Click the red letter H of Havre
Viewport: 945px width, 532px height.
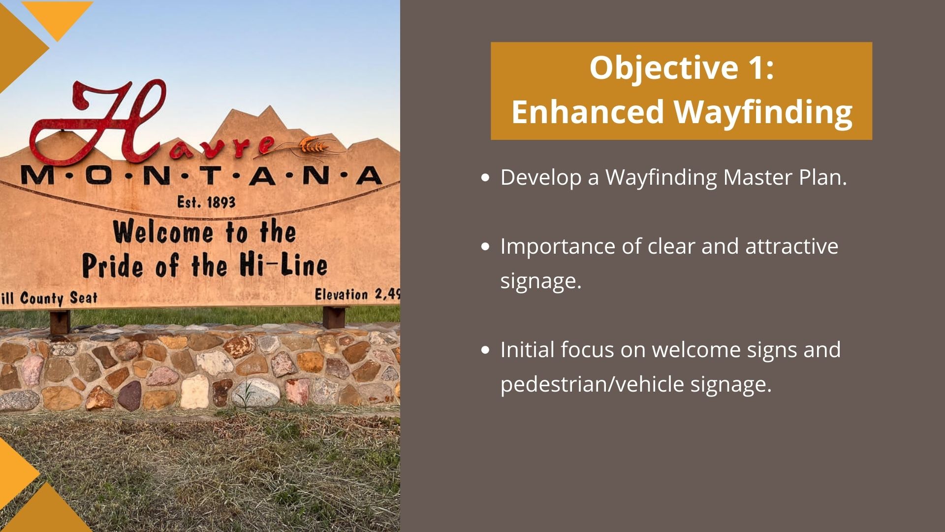pos(98,123)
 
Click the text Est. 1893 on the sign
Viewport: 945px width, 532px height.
pos(206,202)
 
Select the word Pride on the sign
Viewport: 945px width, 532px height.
pos(113,266)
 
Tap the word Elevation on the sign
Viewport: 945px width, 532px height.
pos(341,295)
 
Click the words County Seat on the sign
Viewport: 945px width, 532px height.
pos(59,298)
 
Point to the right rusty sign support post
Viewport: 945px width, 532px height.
pos(335,316)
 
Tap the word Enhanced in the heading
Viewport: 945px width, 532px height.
pos(588,111)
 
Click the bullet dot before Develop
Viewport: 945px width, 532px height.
pos(486,178)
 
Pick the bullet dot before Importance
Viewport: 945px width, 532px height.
pos(486,247)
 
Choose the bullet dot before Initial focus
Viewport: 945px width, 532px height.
pos(486,350)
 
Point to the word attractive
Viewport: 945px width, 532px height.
pos(791,246)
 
